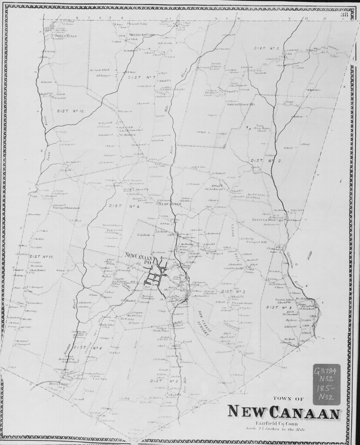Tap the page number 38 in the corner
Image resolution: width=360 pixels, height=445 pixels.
pos(344,15)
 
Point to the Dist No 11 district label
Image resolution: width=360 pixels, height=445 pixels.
pos(41,257)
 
